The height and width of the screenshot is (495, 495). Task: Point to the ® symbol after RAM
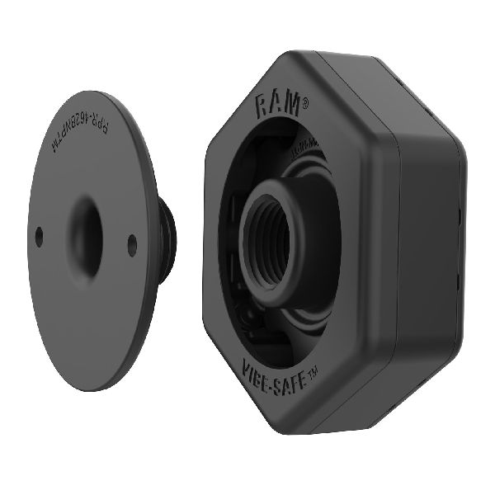[305, 104]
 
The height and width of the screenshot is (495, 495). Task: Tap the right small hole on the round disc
[132, 241]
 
